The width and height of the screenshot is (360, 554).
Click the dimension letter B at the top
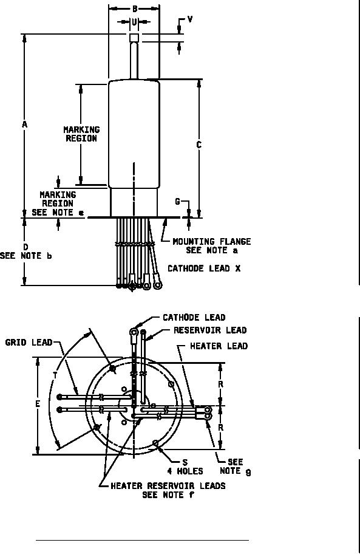(x=135, y=9)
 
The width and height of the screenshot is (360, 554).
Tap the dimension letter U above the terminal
(x=135, y=22)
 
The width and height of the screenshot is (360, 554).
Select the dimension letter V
(x=190, y=19)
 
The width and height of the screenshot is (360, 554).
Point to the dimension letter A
(x=24, y=125)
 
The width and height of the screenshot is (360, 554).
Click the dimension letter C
(x=199, y=145)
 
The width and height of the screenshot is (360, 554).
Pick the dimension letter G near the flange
(x=177, y=202)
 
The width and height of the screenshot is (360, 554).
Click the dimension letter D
(x=25, y=247)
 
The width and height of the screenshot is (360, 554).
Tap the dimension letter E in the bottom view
(x=38, y=404)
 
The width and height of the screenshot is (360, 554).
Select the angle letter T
(x=55, y=375)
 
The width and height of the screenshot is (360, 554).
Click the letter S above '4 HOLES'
(x=185, y=462)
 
